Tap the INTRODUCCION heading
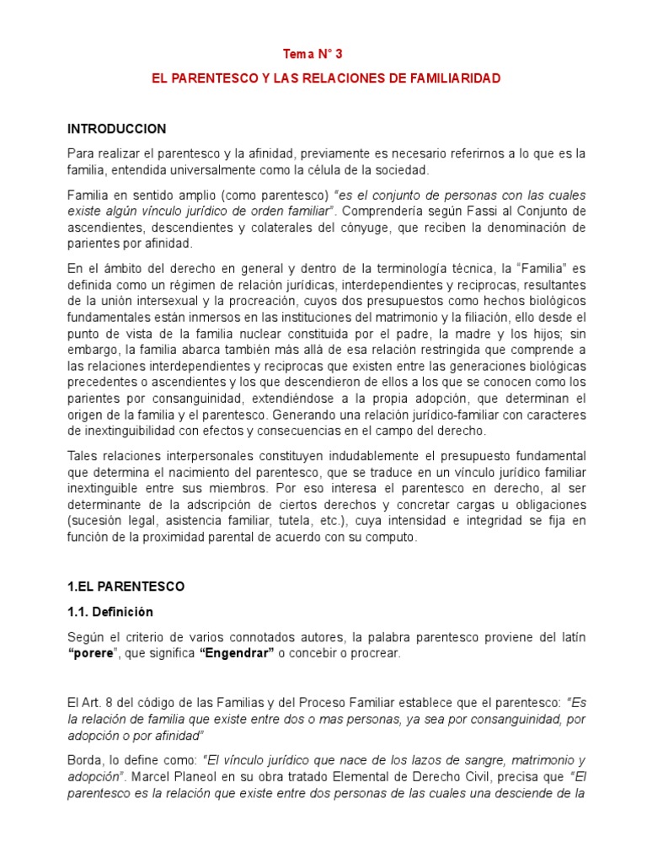(x=116, y=129)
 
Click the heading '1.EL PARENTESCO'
(x=126, y=586)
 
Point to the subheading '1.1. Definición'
(x=110, y=612)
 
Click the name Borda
(x=84, y=760)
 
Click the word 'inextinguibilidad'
(x=129, y=431)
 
